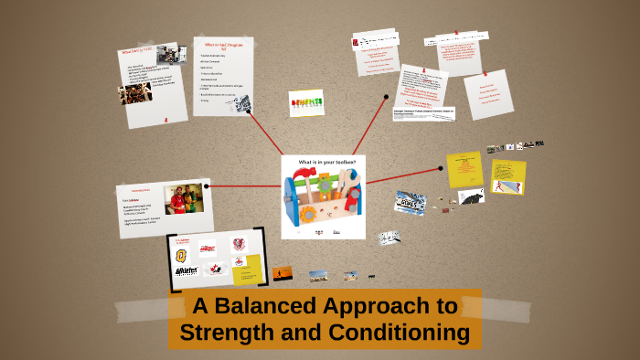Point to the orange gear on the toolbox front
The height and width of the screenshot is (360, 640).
(308, 215)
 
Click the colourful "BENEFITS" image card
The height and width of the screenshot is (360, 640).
(306, 103)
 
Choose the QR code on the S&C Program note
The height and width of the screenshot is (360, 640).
(242, 103)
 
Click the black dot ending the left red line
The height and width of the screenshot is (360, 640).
(208, 186)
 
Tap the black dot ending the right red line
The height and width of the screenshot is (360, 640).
(442, 167)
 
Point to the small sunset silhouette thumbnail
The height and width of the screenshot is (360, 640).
(283, 272)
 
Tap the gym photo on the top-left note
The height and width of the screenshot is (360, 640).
(134, 93)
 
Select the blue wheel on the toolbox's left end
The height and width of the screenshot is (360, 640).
(292, 202)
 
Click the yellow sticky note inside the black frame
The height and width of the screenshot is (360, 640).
(247, 269)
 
